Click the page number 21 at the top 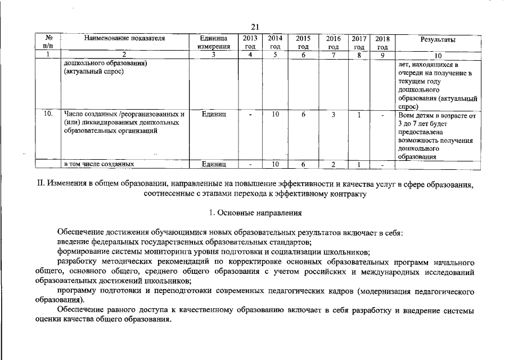pyautogui.click(x=254, y=26)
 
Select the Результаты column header pyautogui.click(x=438, y=39)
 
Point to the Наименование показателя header pyautogui.click(x=124, y=38)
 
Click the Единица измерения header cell pyautogui.click(x=214, y=42)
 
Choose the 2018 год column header pyautogui.click(x=382, y=42)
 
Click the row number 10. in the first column pyautogui.click(x=48, y=115)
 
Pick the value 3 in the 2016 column pyautogui.click(x=334, y=115)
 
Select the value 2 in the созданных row pyautogui.click(x=334, y=164)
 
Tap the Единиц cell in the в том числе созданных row pyautogui.click(x=214, y=164)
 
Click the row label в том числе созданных pyautogui.click(x=98, y=164)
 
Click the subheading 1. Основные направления pyautogui.click(x=254, y=213)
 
